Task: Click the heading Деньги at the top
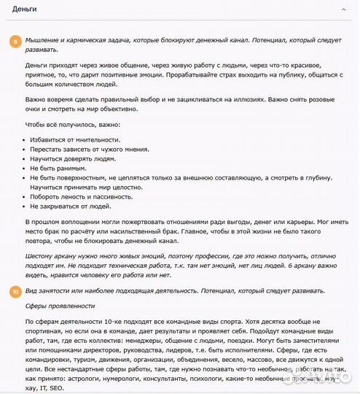click(26, 9)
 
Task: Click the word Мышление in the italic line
click(43, 39)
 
